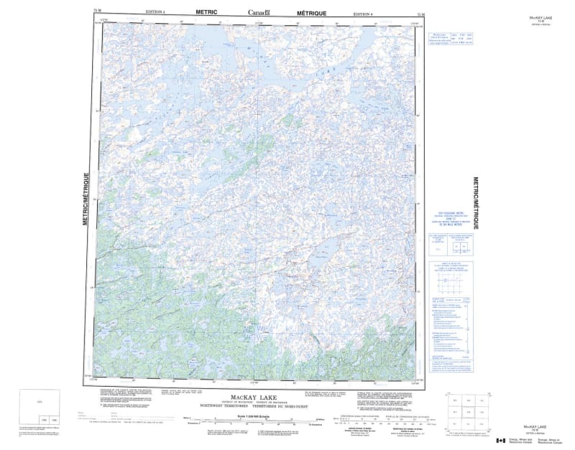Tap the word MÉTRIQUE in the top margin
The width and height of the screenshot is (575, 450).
(312, 13)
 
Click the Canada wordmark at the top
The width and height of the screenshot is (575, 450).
(259, 13)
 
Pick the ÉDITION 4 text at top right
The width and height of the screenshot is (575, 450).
(364, 14)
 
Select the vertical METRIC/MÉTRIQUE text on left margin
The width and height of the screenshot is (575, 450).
(87, 200)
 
